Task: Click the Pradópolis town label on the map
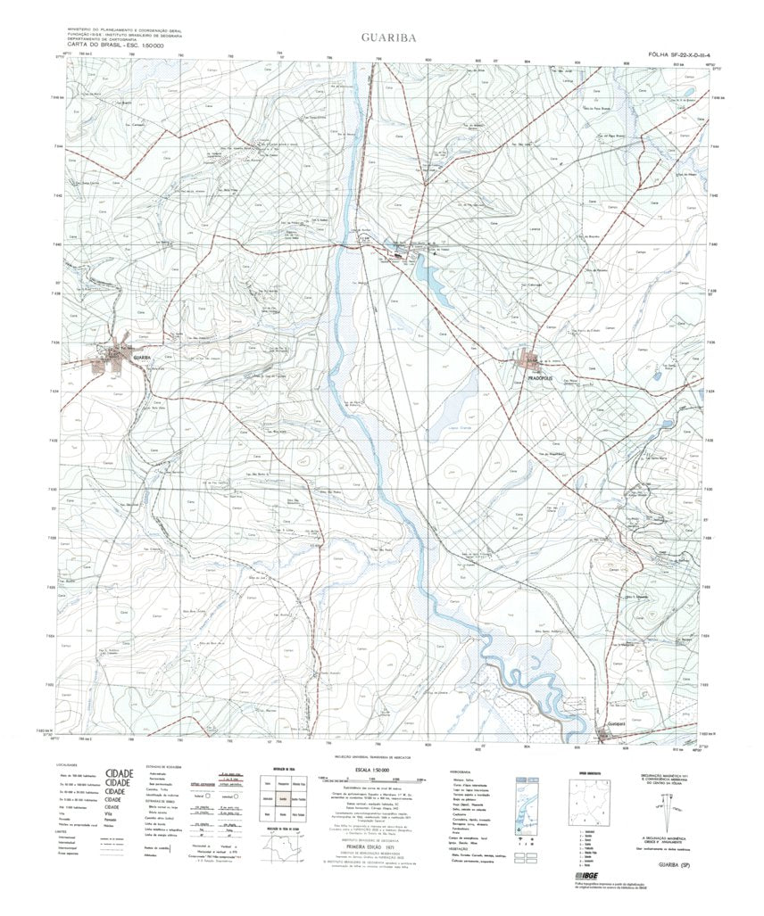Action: tap(544, 378)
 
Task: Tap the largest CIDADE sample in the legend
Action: tap(119, 773)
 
